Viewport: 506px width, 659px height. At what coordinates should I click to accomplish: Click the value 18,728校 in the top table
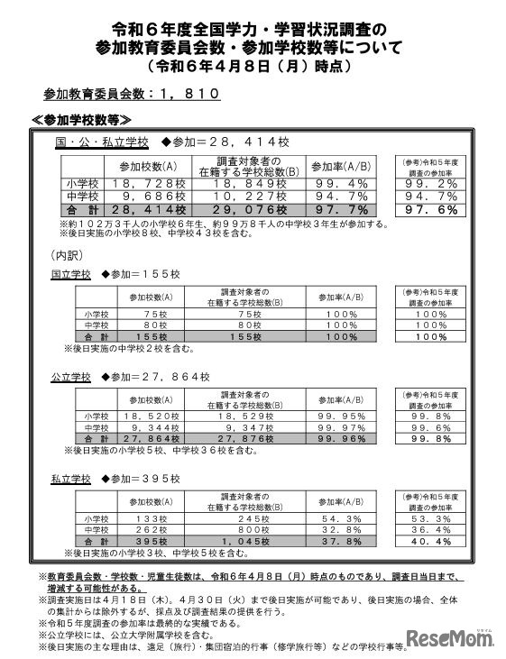coord(146,184)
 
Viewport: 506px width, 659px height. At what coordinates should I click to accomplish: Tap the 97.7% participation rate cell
coord(337,210)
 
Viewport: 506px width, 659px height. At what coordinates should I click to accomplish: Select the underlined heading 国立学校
coord(71,274)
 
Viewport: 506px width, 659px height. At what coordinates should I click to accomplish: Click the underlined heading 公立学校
coord(71,376)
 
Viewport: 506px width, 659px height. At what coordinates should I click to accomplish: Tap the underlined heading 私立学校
coord(71,479)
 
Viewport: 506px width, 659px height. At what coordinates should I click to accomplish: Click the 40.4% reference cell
coord(428,541)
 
